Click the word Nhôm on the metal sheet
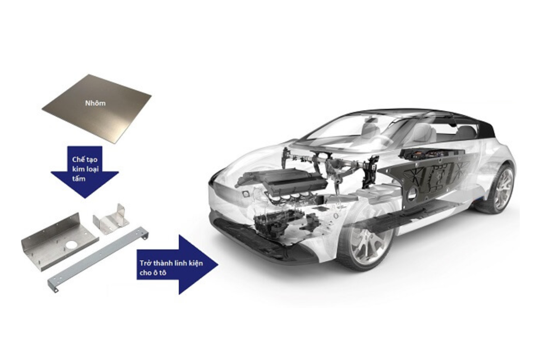[96, 103]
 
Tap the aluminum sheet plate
[96, 109]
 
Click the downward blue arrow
[85, 172]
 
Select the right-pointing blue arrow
[178, 264]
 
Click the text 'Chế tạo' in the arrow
[85, 159]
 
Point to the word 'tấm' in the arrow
[79, 179]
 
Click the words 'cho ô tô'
[153, 273]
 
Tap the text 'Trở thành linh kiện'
[171, 263]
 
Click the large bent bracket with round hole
[60, 242]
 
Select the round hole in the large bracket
[70, 245]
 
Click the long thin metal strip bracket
[98, 260]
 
